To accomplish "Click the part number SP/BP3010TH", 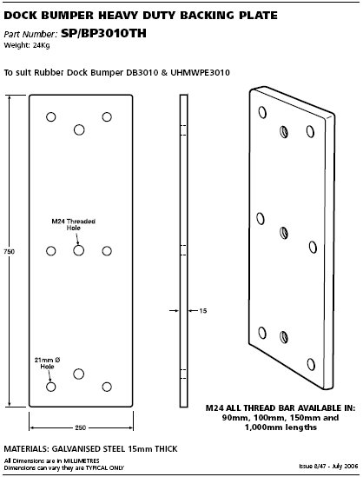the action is click(103, 33).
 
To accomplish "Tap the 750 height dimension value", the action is click(10, 252).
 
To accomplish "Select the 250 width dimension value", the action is click(81, 427).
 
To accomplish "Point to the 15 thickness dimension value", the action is click(203, 310).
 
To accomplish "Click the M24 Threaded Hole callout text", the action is click(73, 224).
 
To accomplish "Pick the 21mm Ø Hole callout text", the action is click(47, 363).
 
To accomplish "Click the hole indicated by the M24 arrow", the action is click(79, 251).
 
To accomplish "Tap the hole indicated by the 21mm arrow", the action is click(50, 387).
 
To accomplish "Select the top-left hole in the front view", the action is click(50, 116).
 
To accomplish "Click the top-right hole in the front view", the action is click(107, 116).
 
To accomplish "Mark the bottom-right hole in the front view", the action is click(107, 387).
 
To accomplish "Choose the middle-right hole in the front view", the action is click(107, 251).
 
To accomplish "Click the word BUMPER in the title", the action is click(68, 16).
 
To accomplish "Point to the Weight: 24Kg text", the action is click(27, 45).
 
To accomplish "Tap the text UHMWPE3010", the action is click(200, 73).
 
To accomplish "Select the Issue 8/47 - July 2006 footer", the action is click(328, 466).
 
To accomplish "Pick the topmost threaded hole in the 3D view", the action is click(284, 132).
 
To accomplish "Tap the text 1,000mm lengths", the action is click(280, 427).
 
